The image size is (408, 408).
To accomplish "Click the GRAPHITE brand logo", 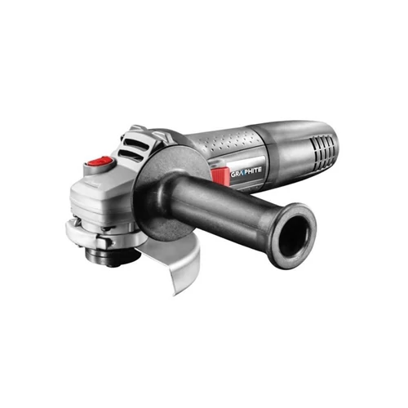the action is [x=246, y=170].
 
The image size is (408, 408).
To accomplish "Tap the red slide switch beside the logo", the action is [x=220, y=173].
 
